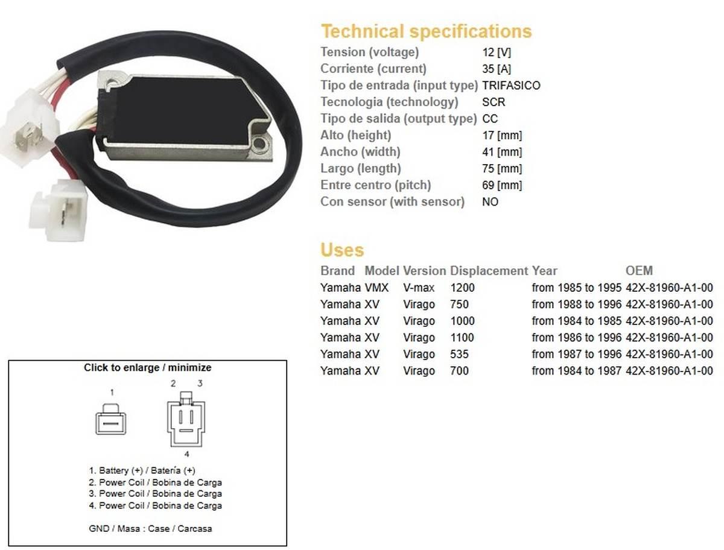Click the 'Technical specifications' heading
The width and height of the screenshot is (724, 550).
tap(426, 31)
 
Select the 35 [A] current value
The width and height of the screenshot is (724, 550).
tap(496, 69)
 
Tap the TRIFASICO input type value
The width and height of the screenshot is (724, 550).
tap(511, 86)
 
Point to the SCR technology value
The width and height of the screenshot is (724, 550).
tap(494, 102)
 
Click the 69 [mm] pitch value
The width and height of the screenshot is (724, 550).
tap(502, 185)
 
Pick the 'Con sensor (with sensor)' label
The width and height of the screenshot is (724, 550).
tap(392, 202)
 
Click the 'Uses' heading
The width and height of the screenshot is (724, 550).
tap(342, 250)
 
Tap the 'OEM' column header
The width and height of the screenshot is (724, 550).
tap(639, 271)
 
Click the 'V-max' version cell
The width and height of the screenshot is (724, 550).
tap(419, 288)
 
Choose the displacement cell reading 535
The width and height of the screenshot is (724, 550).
tap(459, 354)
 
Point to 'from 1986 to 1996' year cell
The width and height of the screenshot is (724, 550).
tap(576, 338)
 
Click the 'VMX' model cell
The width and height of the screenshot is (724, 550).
tap(376, 288)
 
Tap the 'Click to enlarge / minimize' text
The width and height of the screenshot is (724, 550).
tap(147, 367)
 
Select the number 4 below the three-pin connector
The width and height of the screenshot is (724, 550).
tap(186, 454)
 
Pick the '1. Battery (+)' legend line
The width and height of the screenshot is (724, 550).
tap(142, 470)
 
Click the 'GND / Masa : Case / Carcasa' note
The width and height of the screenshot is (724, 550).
tap(150, 528)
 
